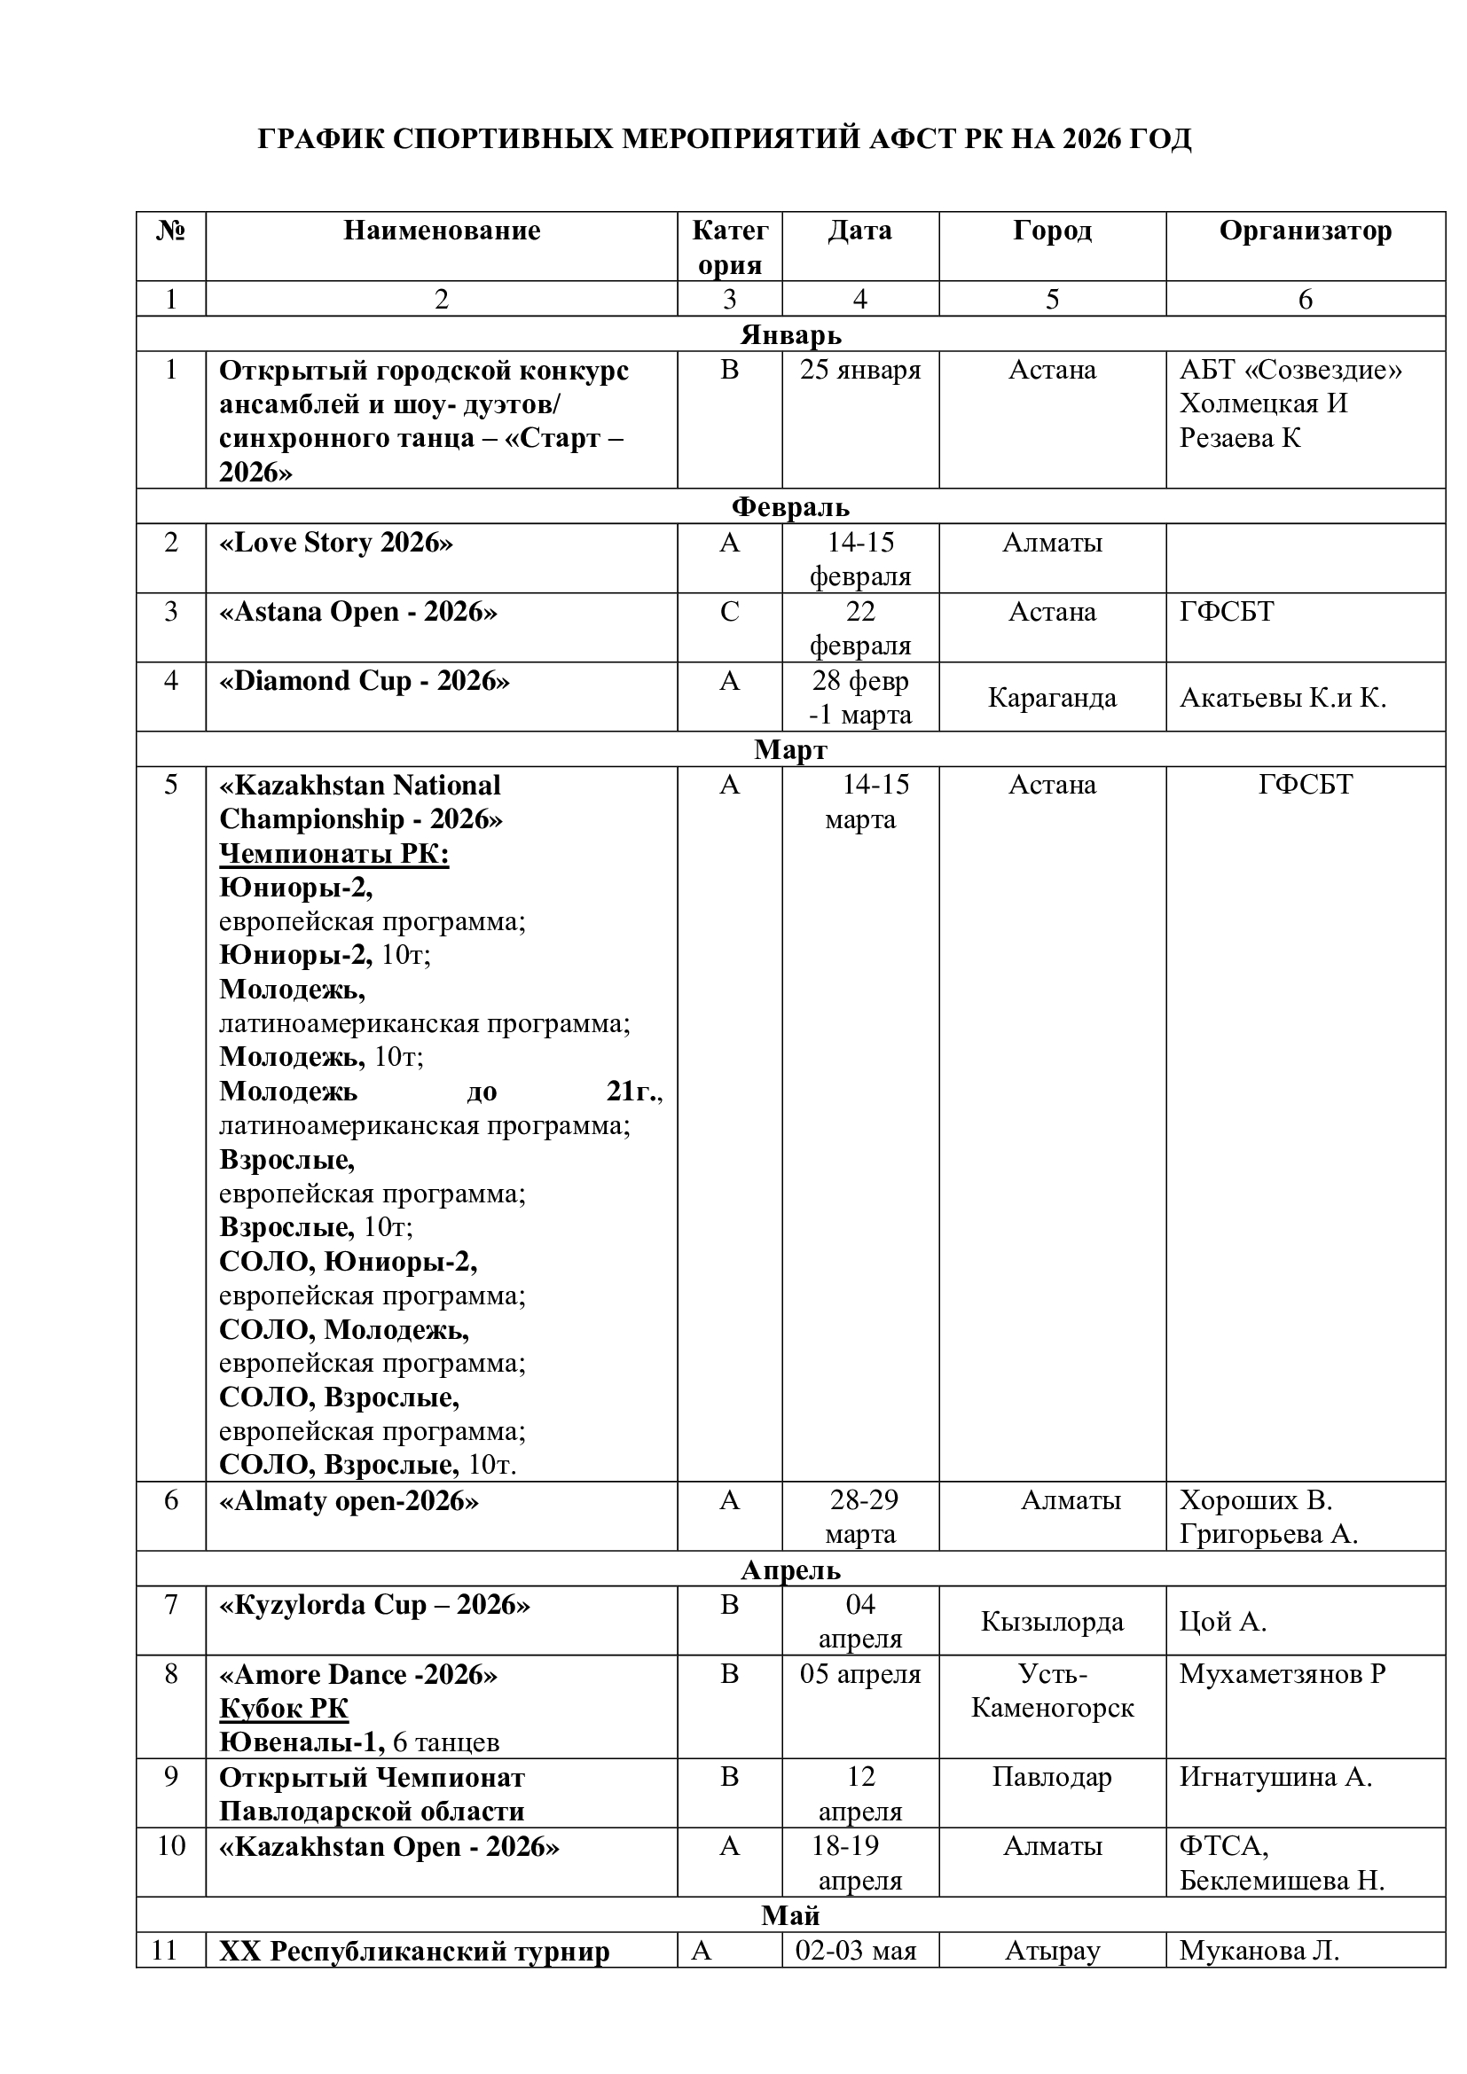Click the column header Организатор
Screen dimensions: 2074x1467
[x=1305, y=231]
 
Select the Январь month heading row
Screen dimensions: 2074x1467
[x=790, y=335]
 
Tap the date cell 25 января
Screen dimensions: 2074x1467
[x=860, y=371]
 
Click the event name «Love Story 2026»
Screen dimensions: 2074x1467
[x=336, y=543]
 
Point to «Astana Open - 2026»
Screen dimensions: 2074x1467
[x=357, y=613]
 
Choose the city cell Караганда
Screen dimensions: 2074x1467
[x=1052, y=697]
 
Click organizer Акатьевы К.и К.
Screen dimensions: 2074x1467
[x=1282, y=697]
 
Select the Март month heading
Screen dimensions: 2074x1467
[x=790, y=750]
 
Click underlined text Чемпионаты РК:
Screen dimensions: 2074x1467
[x=334, y=854]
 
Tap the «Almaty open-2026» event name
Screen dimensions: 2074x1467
[x=349, y=1501]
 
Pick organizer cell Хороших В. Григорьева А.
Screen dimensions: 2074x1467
[x=1268, y=1517]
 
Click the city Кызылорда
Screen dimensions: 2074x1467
[x=1052, y=1622]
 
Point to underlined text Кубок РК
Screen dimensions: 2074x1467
[x=284, y=1708]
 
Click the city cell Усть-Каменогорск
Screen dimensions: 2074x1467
[x=1052, y=1691]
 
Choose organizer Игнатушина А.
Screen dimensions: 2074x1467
[x=1275, y=1777]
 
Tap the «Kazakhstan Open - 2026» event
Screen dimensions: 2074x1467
[x=389, y=1846]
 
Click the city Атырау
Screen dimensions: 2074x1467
[x=1052, y=1951]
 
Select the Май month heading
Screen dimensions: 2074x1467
[x=790, y=1916]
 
